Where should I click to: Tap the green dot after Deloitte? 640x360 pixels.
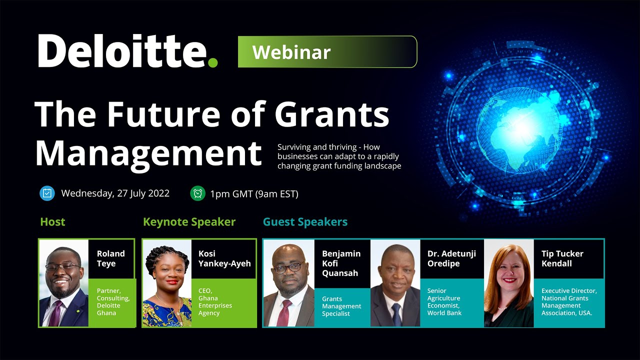(213, 62)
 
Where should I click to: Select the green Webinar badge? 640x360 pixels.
(327, 52)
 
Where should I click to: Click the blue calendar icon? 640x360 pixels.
(47, 193)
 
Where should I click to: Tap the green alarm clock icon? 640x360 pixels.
(197, 193)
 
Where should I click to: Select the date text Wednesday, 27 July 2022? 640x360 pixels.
(115, 193)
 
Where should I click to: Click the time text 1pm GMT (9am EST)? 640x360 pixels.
(254, 194)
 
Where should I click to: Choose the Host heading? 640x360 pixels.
(52, 222)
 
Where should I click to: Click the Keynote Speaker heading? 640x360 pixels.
(189, 222)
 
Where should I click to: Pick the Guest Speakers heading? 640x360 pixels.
(305, 222)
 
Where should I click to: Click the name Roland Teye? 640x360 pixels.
(110, 258)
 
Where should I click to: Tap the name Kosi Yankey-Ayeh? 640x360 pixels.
(224, 258)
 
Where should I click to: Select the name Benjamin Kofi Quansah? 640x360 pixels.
(341, 263)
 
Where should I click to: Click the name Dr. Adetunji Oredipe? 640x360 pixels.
(451, 258)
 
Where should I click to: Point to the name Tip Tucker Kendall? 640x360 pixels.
(562, 258)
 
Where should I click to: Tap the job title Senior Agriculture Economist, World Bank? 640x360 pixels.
(444, 301)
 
